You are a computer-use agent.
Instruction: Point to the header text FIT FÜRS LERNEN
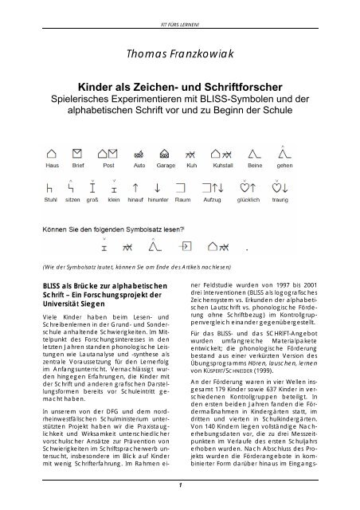pos(179,9)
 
